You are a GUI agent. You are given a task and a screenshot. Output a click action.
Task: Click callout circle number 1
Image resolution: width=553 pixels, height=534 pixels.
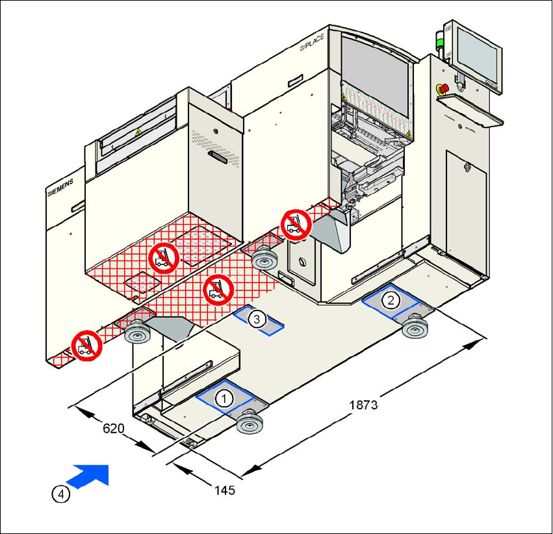coord(224,398)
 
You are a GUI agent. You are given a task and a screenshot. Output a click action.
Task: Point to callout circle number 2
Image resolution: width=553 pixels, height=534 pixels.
coord(391,299)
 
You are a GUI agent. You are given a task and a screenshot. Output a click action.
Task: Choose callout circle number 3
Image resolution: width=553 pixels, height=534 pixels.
coord(257,319)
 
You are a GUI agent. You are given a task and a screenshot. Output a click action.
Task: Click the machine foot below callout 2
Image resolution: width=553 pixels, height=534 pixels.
coord(414,327)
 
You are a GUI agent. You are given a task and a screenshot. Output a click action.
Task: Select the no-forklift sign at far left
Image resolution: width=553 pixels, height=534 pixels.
coord(85,346)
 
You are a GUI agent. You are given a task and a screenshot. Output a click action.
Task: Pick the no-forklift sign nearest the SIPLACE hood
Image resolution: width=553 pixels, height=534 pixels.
coord(296,225)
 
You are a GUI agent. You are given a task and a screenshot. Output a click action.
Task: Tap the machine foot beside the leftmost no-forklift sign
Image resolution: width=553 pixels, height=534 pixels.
coord(137,334)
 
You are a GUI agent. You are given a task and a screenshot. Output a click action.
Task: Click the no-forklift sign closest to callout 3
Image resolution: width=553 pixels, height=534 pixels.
coord(219,289)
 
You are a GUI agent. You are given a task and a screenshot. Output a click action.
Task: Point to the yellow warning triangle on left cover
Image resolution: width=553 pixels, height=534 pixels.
coord(138,132)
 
